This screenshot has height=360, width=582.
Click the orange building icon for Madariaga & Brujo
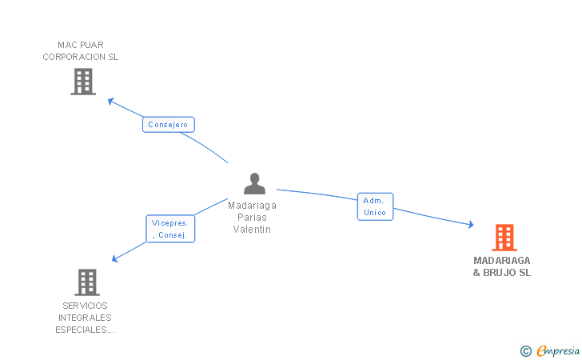click(504, 238)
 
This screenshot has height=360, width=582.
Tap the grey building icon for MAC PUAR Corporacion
click(83, 82)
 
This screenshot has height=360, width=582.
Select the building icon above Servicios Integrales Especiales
click(86, 282)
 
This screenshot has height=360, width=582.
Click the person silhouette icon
click(254, 184)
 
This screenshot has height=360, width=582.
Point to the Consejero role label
click(168, 125)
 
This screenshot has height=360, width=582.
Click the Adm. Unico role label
click(374, 206)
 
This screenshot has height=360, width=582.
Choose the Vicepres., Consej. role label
click(170, 229)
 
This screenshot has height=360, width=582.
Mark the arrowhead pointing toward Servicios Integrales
click(115, 258)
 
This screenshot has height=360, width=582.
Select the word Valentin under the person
click(252, 230)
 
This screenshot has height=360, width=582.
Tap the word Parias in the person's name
click(252, 217)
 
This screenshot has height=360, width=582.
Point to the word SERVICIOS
click(85, 306)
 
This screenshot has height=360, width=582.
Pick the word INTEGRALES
click(85, 318)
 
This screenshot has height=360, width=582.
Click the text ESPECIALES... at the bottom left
click(85, 330)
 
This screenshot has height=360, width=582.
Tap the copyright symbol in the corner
click(525, 350)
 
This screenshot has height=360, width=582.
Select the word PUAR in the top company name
click(92, 45)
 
